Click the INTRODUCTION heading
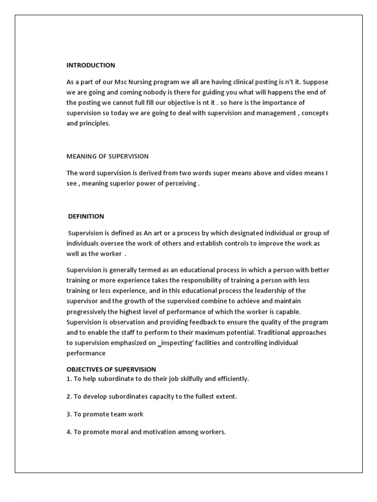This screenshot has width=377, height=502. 91,65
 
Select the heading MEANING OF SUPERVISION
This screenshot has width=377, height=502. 108,156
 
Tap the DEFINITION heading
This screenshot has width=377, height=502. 86,216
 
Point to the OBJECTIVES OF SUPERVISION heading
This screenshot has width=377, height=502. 111,369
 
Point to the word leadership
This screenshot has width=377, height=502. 274,291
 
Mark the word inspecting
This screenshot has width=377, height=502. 179,343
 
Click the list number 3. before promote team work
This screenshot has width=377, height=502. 69,414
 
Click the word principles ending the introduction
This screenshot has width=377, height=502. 95,124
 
